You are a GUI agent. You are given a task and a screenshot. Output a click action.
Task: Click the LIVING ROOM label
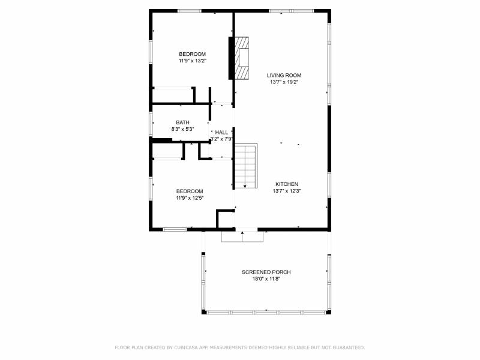point(284,76)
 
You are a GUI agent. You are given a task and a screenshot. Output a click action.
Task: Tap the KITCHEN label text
point(287,184)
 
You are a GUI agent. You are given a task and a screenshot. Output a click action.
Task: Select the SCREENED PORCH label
point(266,272)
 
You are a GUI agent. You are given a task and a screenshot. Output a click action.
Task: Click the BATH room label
point(182,123)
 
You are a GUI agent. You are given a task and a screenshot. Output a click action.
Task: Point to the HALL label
point(221,133)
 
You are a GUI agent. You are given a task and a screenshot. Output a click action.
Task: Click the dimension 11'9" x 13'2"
point(193,61)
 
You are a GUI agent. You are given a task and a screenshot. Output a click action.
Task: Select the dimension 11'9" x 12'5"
point(190,198)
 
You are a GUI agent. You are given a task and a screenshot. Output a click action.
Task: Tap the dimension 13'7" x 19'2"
point(284,82)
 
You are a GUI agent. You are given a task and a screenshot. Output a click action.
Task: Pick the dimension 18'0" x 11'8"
point(266,279)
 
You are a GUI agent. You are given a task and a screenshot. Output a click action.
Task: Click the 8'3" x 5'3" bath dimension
point(182,129)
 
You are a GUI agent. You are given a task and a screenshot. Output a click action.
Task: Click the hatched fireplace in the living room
point(242,58)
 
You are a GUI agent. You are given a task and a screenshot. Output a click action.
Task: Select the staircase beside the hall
point(245,166)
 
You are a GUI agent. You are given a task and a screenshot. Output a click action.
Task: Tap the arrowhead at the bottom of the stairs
point(245,187)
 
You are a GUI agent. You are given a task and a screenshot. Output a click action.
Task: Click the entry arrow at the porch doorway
point(242,236)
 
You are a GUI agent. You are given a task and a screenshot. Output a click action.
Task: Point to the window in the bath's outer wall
point(151,124)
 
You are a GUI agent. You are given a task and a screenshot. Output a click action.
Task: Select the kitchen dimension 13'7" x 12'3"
point(287,191)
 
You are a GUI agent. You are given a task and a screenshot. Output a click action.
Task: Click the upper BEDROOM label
point(192,54)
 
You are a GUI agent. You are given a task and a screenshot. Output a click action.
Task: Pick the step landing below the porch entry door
point(242,236)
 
